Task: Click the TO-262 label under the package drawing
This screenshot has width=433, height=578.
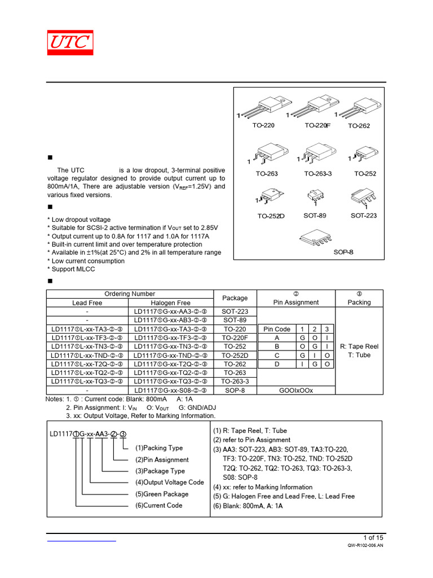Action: [359, 126]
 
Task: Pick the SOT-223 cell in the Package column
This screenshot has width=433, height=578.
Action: [235, 312]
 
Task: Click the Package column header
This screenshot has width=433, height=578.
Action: [235, 298]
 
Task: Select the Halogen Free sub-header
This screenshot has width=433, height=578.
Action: [171, 303]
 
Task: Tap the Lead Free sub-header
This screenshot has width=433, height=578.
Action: [87, 303]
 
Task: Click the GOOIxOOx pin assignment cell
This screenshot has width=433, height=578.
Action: [296, 390]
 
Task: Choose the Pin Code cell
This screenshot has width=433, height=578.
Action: [277, 329]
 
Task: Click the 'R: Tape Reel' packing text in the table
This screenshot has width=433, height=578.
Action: [359, 346]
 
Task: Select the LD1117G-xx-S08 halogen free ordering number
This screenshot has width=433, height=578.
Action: [171, 390]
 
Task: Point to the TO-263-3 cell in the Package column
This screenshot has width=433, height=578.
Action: [235, 381]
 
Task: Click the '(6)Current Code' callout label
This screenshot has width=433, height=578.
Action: [158, 505]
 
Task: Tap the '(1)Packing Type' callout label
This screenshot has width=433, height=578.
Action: [158, 448]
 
